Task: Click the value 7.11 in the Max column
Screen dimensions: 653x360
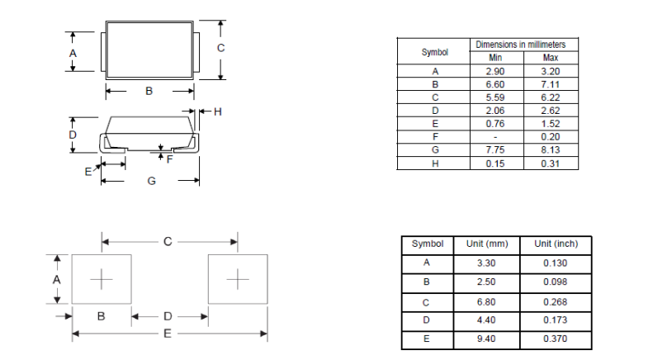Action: coord(550,84)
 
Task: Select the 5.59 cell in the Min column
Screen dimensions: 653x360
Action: coord(495,97)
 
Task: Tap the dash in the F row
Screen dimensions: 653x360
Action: coord(495,137)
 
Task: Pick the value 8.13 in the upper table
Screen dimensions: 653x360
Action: coord(550,150)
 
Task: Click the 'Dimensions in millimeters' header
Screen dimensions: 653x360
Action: coord(521,45)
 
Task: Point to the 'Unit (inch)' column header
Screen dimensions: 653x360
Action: coord(556,244)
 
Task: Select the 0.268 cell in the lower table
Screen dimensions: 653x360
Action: coord(555,302)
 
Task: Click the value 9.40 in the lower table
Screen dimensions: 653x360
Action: coord(486,339)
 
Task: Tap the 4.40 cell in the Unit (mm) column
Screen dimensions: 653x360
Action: coord(486,320)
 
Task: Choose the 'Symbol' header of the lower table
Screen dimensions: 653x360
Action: coord(428,244)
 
